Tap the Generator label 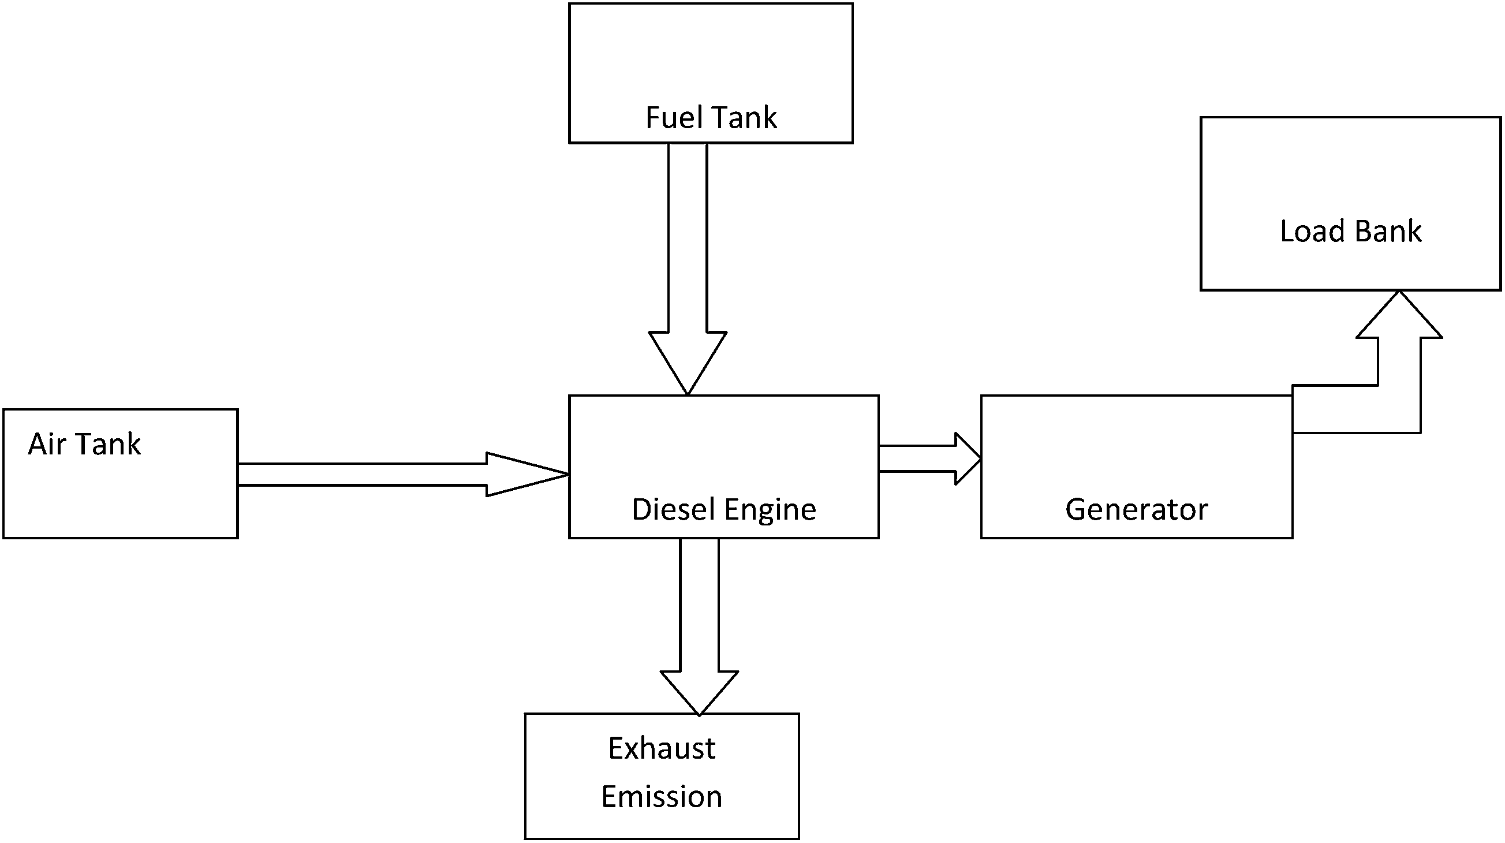pyautogui.click(x=1136, y=509)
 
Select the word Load pyautogui.click(x=1313, y=231)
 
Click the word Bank pyautogui.click(x=1388, y=231)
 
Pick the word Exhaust pyautogui.click(x=662, y=748)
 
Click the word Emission pyautogui.click(x=662, y=797)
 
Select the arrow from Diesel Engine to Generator pyautogui.click(x=929, y=458)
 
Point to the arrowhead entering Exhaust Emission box pyautogui.click(x=699, y=693)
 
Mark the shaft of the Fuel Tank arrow pyautogui.click(x=688, y=237)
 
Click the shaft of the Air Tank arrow pyautogui.click(x=362, y=475)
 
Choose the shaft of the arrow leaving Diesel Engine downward pyautogui.click(x=699, y=605)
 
